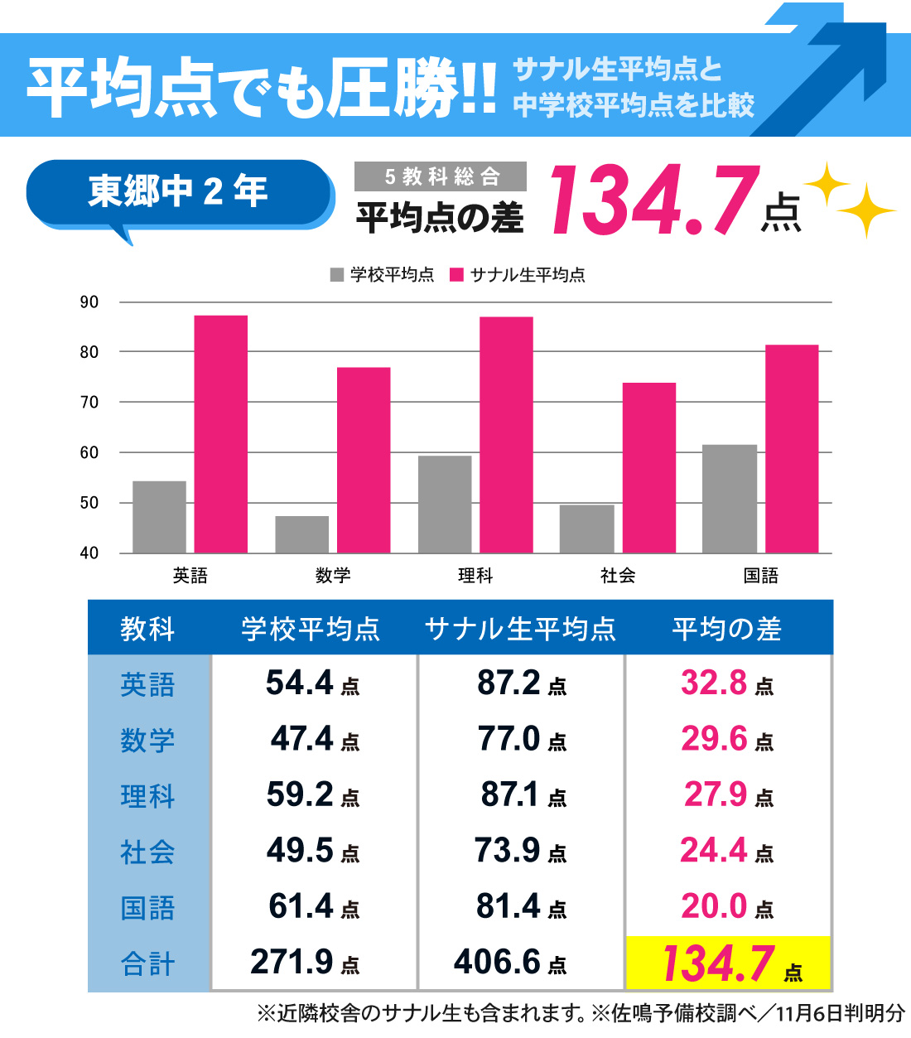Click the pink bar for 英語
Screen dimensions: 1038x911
pos(220,434)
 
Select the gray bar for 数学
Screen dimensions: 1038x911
pos(301,534)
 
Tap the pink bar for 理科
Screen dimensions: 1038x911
pos(506,435)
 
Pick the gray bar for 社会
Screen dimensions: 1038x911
pos(586,529)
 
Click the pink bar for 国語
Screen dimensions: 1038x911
pos(792,449)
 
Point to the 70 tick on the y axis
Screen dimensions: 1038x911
pos(89,403)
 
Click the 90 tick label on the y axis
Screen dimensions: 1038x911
pos(89,302)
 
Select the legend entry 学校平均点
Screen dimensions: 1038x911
pos(383,275)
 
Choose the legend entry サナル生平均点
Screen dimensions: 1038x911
pos(518,275)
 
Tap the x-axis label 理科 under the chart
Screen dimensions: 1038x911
pos(475,576)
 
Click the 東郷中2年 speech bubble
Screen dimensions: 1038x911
pos(178,193)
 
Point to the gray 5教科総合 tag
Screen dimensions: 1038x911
pos(441,176)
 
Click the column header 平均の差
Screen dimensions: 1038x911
pos(727,629)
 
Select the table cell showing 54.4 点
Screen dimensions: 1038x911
pos(313,683)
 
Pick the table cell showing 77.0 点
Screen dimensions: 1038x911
pos(522,739)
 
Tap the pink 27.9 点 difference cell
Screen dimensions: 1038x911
pos(728,795)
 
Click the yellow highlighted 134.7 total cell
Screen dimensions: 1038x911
pos(728,963)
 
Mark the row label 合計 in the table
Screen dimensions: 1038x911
pos(148,963)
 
